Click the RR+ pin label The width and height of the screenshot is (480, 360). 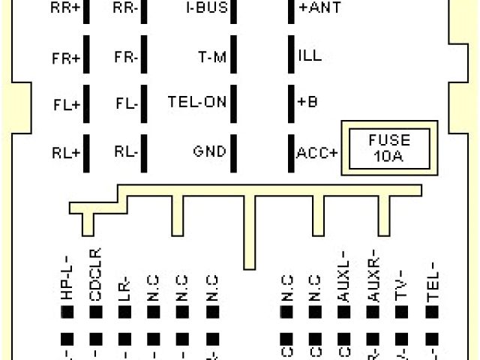(x=65, y=8)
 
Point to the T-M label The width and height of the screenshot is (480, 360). (x=211, y=57)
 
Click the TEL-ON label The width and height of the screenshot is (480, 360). (x=196, y=103)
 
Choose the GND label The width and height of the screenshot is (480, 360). (x=209, y=151)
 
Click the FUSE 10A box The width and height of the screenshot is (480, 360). (x=389, y=148)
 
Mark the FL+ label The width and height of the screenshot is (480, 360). (x=66, y=105)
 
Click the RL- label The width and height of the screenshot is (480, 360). (x=126, y=151)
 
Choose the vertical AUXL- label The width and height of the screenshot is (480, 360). (x=343, y=276)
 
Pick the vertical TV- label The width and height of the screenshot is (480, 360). (x=402, y=285)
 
